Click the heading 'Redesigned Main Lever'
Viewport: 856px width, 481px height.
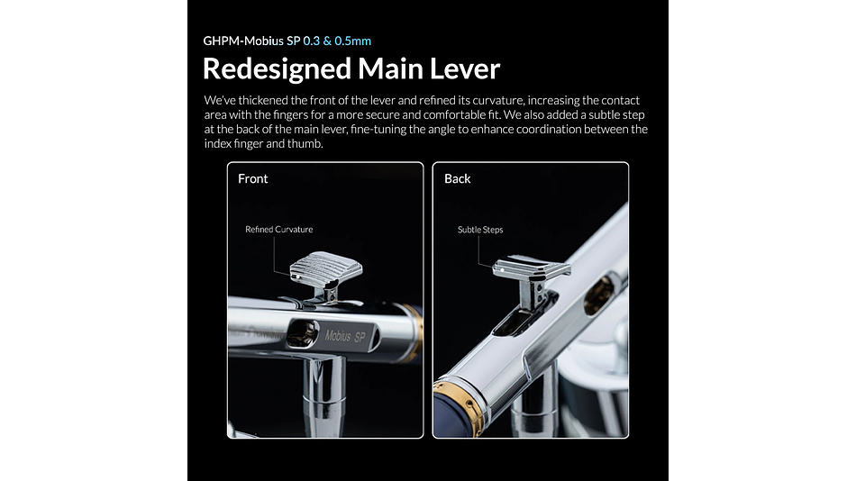pyautogui.click(x=351, y=68)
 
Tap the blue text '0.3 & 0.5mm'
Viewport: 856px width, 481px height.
pyautogui.click(x=337, y=41)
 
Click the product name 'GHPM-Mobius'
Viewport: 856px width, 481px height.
pyautogui.click(x=243, y=41)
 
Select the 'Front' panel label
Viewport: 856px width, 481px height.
pyautogui.click(x=253, y=178)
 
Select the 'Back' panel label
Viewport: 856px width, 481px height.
pyautogui.click(x=458, y=178)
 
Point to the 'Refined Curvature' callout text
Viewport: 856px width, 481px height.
pyautogui.click(x=279, y=230)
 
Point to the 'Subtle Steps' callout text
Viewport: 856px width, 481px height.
pyautogui.click(x=480, y=230)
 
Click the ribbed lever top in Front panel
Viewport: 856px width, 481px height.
pyautogui.click(x=326, y=267)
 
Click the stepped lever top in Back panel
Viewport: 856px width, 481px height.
pyautogui.click(x=531, y=268)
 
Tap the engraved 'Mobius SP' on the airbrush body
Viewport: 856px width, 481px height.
pyautogui.click(x=345, y=336)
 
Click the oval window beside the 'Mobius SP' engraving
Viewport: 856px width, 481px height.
pyautogui.click(x=303, y=333)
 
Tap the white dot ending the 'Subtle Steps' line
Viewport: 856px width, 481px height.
pyautogui.click(x=502, y=269)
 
